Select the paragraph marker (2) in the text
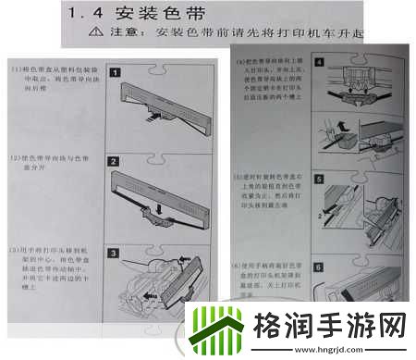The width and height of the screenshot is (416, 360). [16, 159]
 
